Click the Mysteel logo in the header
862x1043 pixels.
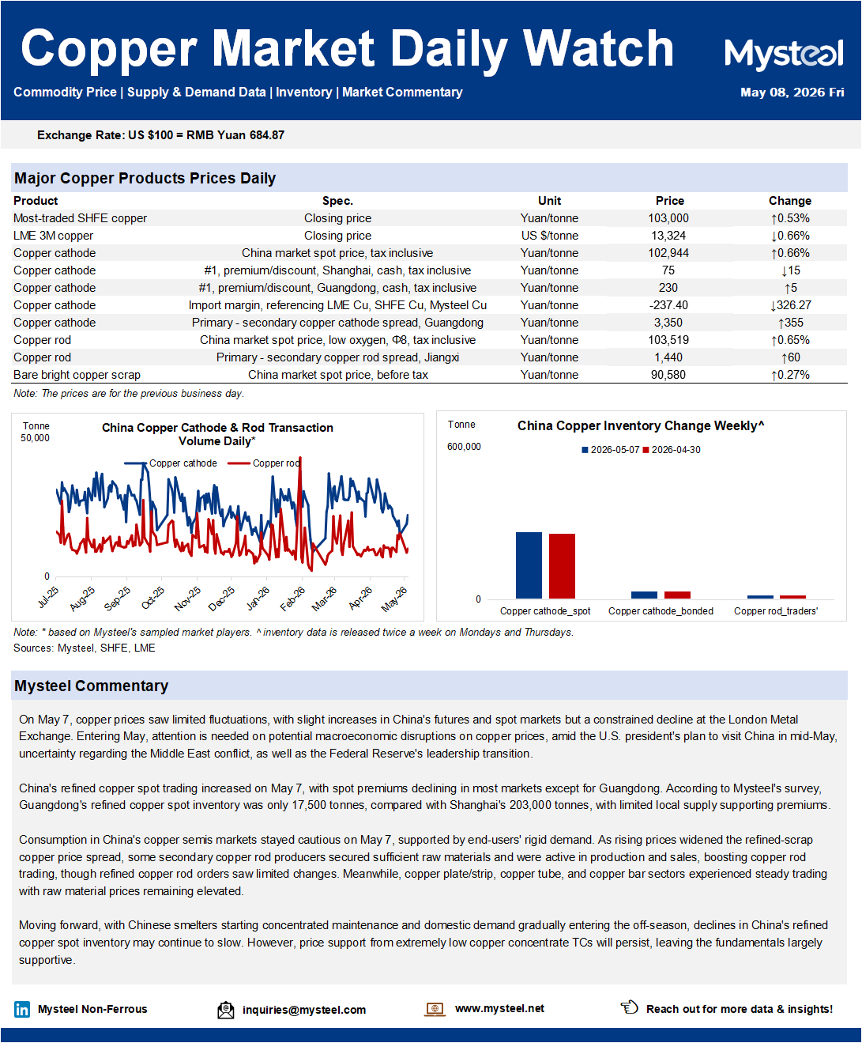(784, 54)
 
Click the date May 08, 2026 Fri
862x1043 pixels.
(792, 93)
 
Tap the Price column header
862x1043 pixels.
(669, 201)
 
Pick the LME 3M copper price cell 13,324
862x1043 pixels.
(668, 236)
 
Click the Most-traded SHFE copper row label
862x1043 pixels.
(80, 218)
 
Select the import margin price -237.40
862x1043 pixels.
(668, 305)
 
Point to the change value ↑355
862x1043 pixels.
(790, 323)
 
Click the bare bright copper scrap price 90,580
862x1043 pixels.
(668, 375)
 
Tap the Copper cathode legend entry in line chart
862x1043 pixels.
(171, 463)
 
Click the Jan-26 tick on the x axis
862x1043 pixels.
(258, 598)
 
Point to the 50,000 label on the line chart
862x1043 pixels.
(35, 438)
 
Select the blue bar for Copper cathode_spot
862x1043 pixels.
(529, 565)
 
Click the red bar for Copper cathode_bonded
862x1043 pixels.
(677, 595)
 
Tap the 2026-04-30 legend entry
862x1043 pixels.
(672, 450)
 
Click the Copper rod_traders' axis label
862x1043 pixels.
(776, 611)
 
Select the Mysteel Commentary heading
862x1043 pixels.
(92, 686)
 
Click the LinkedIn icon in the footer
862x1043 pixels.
(22, 1009)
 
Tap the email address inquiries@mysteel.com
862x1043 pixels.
(304, 1010)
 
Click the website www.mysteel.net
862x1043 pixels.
(499, 1008)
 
